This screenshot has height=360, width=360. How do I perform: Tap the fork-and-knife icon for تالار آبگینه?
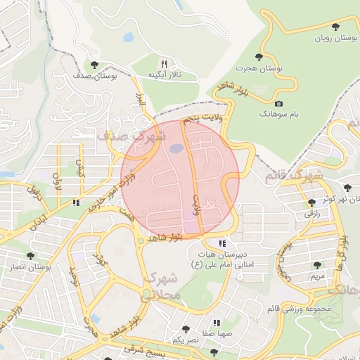click(x=164, y=63)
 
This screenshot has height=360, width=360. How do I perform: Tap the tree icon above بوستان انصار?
click(x=30, y=257)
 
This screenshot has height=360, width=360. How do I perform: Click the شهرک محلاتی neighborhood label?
click(x=163, y=288)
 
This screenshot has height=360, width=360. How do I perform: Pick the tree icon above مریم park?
click(x=317, y=266)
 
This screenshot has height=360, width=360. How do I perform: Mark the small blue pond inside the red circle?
click(x=176, y=148)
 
